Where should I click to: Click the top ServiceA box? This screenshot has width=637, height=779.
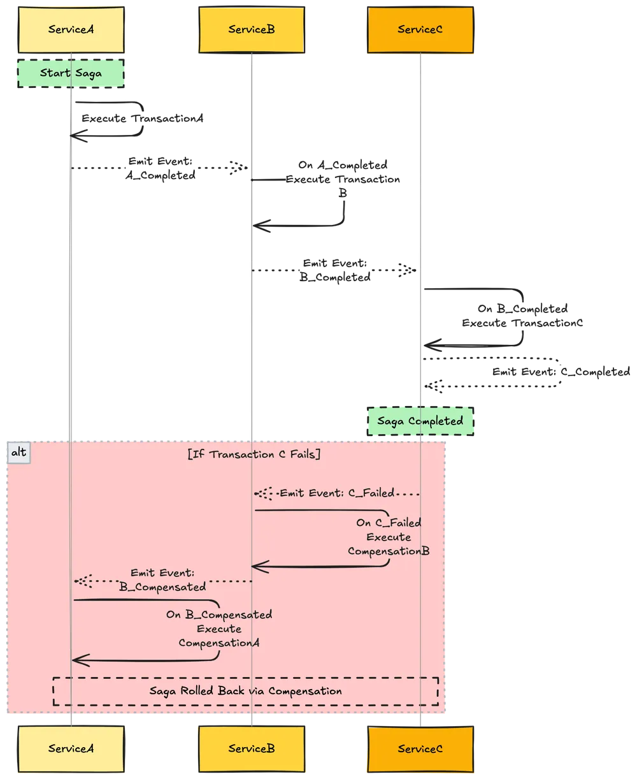point(70,29)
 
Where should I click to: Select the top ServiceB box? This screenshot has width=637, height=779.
point(252,29)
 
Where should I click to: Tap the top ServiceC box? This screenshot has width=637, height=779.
point(420,29)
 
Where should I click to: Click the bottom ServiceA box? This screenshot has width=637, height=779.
point(70,748)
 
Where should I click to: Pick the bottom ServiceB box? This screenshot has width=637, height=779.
point(252,748)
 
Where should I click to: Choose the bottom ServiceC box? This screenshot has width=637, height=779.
point(420,748)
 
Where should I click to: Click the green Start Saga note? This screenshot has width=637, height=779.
point(70,73)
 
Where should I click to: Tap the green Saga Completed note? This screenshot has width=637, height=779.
point(420,421)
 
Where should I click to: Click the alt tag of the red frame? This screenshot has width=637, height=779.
point(19,452)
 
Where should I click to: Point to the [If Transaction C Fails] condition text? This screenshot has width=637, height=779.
point(254,455)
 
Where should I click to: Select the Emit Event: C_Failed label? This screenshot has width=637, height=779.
point(337,493)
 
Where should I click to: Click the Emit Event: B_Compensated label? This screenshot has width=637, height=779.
point(162,579)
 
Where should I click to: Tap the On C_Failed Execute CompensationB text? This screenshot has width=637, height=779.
point(389,537)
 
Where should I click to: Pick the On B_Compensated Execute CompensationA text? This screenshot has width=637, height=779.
point(219,629)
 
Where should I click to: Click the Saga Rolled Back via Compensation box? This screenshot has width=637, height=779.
point(245,691)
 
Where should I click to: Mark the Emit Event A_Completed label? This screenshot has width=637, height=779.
point(160,168)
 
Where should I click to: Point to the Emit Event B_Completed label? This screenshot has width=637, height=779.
point(336,270)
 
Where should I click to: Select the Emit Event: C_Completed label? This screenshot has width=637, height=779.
point(561,372)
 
